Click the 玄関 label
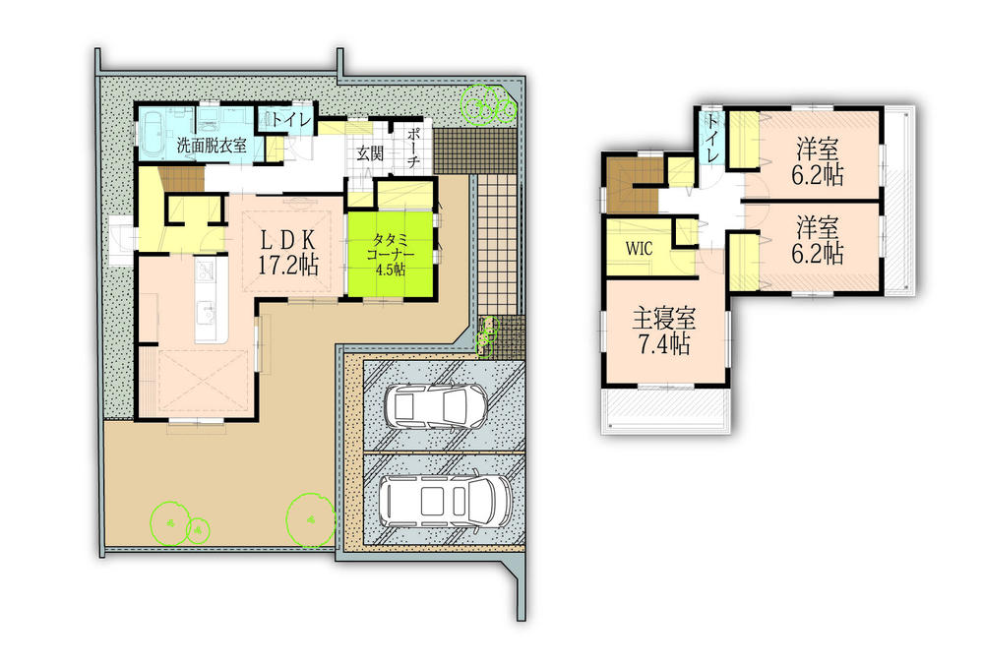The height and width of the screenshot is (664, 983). point(369,152)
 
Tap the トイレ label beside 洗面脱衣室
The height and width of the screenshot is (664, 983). point(291,120)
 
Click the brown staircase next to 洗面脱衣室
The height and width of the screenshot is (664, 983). point(180,180)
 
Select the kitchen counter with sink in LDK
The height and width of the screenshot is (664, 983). point(209,299)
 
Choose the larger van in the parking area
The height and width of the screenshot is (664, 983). point(446,499)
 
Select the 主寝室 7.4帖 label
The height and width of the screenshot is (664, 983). point(663,332)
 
